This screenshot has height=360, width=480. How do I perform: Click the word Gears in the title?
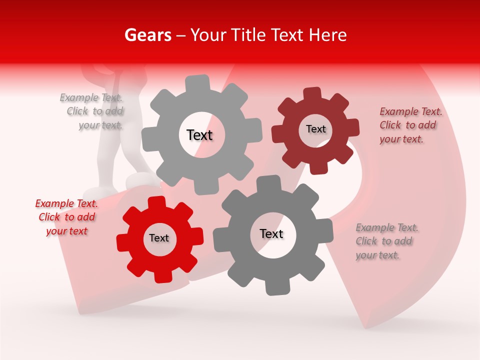point(147,35)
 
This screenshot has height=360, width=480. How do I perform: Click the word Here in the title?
point(327,35)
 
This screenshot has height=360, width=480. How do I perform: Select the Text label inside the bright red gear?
point(159,238)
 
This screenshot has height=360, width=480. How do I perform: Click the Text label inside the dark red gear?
point(315,129)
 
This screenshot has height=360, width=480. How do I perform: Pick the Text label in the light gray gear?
point(199,135)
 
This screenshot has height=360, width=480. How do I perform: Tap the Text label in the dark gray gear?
point(271,234)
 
